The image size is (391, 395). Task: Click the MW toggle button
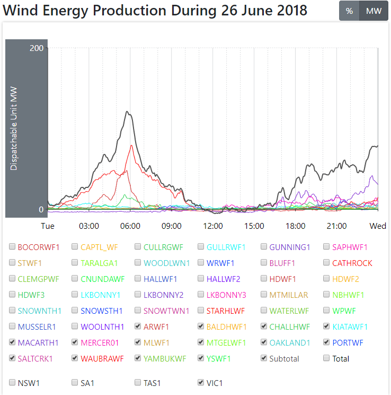[x=374, y=11]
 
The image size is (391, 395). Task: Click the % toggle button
[x=349, y=11]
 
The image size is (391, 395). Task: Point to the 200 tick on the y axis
[x=37, y=48]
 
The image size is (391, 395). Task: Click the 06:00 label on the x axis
[x=130, y=226]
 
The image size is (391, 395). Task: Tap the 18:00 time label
[x=295, y=226]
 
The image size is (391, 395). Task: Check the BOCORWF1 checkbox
[x=12, y=247]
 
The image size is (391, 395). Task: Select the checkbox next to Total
[x=327, y=358]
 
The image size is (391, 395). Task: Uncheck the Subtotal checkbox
[x=264, y=358]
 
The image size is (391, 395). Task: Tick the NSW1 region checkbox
[x=12, y=382]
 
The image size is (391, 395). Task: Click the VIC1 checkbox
[x=201, y=382]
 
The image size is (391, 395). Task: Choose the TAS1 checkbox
[x=138, y=382]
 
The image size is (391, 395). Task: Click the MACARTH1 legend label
[x=38, y=342]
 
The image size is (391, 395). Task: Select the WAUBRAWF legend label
[x=102, y=358]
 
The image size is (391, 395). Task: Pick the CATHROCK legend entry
[x=352, y=263]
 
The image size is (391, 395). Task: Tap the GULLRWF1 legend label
[x=226, y=247]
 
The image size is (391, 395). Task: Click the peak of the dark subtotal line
[x=127, y=111]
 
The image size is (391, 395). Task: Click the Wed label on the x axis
[x=378, y=226]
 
